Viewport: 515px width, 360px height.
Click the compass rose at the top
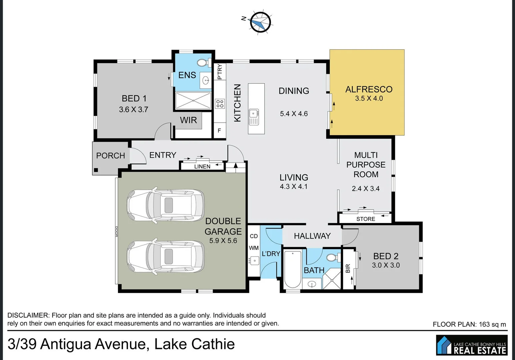260,23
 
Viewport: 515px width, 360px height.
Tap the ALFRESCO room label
369,89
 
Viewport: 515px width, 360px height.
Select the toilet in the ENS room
202,63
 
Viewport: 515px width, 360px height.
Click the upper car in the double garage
166,205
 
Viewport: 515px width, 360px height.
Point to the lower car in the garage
166,257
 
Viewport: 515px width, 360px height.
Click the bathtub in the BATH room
293,269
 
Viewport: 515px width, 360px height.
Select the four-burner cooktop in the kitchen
219,103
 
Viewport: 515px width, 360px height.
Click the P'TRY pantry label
220,71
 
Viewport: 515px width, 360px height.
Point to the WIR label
188,120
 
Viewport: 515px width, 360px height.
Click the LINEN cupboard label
202,166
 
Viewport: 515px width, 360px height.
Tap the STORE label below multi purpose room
366,219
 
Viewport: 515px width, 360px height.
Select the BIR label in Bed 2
348,268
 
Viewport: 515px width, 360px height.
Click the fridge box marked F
219,131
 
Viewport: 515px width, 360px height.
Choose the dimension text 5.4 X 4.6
294,114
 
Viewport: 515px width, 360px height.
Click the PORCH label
110,156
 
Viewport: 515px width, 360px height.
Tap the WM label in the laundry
254,248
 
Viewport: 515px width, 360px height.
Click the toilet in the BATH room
332,258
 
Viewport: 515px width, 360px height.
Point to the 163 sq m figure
492,324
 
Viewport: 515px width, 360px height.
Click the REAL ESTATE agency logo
472,345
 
